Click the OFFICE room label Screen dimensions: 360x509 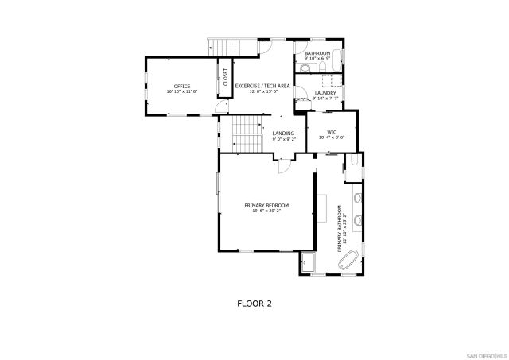click(181, 86)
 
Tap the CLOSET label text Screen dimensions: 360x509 click(225, 77)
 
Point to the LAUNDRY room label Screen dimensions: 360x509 click(324, 93)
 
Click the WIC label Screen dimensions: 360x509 click(332, 132)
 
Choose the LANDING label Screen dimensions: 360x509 click(283, 133)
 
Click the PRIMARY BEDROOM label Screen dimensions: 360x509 click(266, 205)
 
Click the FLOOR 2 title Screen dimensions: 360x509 click(254, 303)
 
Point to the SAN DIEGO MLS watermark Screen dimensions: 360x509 click(487, 354)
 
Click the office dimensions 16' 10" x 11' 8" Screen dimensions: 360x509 click(181, 91)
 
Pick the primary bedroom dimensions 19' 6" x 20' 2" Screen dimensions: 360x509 click(266, 211)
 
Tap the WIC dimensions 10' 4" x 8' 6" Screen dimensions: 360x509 click(332, 137)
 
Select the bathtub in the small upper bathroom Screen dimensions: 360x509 click(335, 56)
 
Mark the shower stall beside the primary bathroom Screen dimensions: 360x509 click(308, 262)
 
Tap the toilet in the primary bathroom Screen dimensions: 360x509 click(353, 165)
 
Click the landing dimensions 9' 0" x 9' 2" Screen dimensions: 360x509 click(283, 139)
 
